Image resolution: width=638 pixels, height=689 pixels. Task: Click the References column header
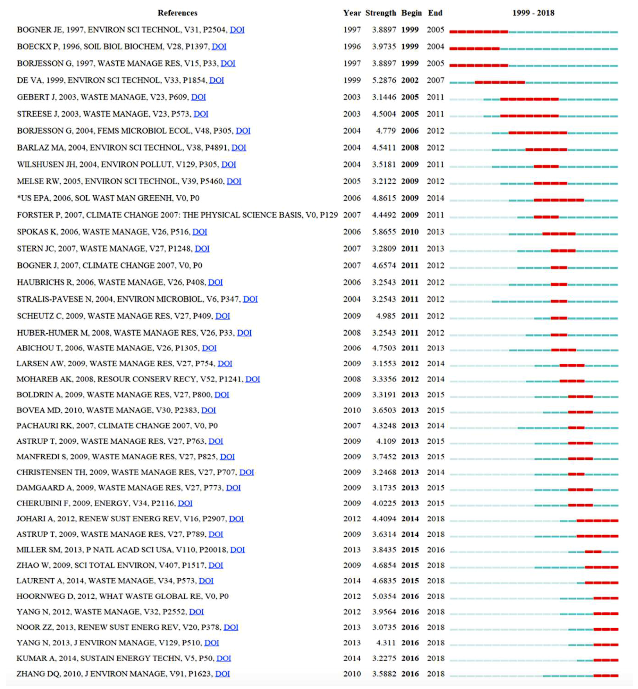click(x=177, y=13)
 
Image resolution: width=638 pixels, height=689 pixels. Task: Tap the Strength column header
click(x=380, y=13)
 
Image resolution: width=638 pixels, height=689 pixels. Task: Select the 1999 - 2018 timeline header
click(x=533, y=13)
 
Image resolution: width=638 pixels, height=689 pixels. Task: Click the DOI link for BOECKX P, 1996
click(x=219, y=46)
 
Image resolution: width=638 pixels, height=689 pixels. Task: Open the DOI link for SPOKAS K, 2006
click(x=200, y=232)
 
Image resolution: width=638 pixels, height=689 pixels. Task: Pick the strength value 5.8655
click(x=384, y=232)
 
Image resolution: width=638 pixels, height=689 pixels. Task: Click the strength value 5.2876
click(x=384, y=80)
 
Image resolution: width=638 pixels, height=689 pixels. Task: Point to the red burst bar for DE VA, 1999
click(x=500, y=83)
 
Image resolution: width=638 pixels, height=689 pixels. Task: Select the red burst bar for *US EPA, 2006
click(x=559, y=201)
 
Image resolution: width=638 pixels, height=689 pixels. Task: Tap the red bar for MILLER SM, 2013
click(x=593, y=552)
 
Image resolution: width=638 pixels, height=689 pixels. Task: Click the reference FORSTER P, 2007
click(x=177, y=215)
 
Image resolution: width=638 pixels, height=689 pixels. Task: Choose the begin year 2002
click(x=410, y=80)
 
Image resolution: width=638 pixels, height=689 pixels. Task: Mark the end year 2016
click(x=436, y=550)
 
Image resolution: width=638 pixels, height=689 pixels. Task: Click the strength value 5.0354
click(x=384, y=596)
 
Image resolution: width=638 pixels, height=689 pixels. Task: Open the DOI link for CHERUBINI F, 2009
click(x=185, y=503)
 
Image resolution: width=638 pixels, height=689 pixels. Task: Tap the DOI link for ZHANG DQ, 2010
click(x=223, y=674)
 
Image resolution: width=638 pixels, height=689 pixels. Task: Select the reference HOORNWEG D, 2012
click(x=123, y=596)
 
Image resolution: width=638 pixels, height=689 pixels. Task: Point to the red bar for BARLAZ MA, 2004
click(x=546, y=150)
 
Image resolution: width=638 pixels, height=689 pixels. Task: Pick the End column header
click(x=435, y=13)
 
